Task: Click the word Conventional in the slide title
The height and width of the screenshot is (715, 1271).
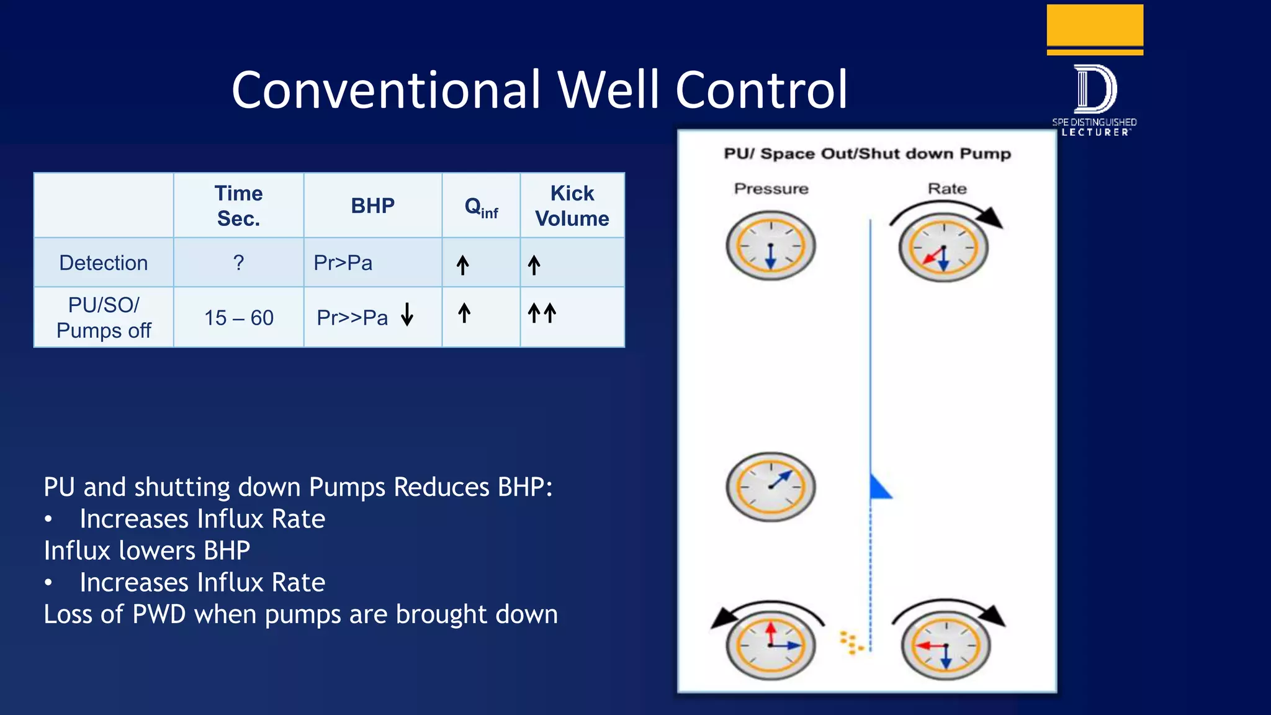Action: pyautogui.click(x=387, y=90)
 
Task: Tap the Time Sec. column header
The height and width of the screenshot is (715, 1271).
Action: pyautogui.click(x=238, y=205)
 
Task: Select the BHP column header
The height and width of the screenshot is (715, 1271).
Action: pyautogui.click(x=372, y=205)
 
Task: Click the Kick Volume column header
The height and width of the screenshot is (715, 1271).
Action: pyautogui.click(x=572, y=205)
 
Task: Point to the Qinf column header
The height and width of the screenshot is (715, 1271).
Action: pyautogui.click(x=481, y=207)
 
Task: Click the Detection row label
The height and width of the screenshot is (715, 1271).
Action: pyautogui.click(x=104, y=263)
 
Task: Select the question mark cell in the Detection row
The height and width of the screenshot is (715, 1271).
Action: pyautogui.click(x=238, y=263)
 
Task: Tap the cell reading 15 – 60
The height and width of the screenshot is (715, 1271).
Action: pyautogui.click(x=239, y=318)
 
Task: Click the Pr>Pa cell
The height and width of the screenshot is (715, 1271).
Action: pyautogui.click(x=343, y=263)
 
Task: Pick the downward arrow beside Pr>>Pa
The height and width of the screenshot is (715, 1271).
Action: pyautogui.click(x=407, y=315)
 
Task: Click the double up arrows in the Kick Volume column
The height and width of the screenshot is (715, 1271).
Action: pyautogui.click(x=542, y=313)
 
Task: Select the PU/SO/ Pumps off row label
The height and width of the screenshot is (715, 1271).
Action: pyautogui.click(x=104, y=317)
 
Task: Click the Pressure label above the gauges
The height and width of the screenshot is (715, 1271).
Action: pyautogui.click(x=771, y=189)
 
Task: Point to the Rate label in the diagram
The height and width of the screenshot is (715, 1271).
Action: pyautogui.click(x=947, y=189)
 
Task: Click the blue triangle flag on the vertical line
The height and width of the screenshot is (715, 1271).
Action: pyautogui.click(x=879, y=488)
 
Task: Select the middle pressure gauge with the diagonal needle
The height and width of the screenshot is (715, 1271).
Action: pyautogui.click(x=771, y=487)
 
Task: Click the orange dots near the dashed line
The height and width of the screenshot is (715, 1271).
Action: pyautogui.click(x=851, y=643)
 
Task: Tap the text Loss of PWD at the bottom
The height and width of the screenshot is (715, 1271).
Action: pyautogui.click(x=115, y=614)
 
